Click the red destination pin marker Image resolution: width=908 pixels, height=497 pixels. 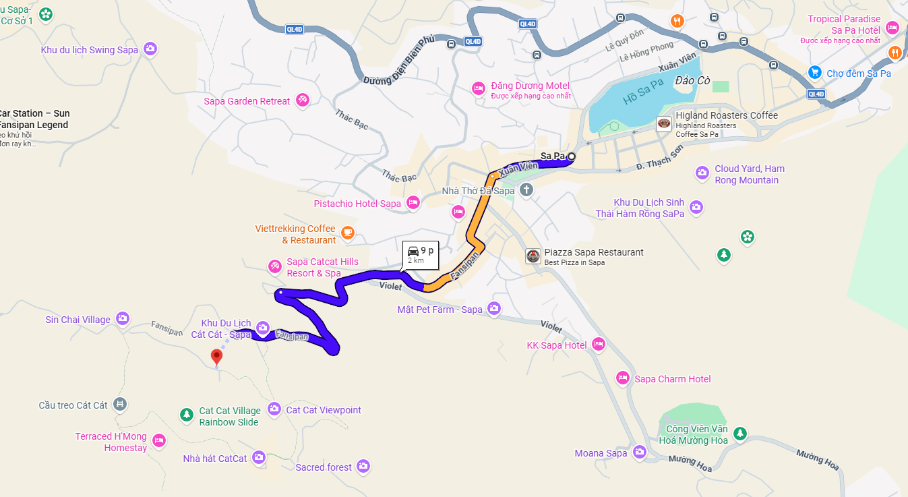click(x=216, y=356)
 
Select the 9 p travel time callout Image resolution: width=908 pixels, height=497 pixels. click(x=420, y=255)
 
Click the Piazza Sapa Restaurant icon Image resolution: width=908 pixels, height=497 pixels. click(x=533, y=256)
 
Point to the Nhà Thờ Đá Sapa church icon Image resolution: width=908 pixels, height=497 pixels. click(x=526, y=191)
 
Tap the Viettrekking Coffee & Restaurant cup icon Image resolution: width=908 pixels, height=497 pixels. click(x=348, y=233)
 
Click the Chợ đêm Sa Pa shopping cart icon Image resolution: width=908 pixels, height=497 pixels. click(x=814, y=73)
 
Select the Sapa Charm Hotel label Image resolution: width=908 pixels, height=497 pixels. click(x=672, y=379)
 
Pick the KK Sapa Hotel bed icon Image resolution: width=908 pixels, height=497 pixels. click(x=598, y=345)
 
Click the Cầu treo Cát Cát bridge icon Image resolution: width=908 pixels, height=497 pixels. click(x=120, y=405)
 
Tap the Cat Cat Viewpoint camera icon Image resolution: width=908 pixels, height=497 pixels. click(x=274, y=409)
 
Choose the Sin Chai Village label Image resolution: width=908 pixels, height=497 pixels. click(x=78, y=320)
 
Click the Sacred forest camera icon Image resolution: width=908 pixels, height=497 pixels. click(x=364, y=466)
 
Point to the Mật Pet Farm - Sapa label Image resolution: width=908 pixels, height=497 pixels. click(x=440, y=310)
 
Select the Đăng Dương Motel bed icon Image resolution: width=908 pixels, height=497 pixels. click(x=479, y=88)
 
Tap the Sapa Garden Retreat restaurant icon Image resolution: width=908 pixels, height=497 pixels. click(x=303, y=100)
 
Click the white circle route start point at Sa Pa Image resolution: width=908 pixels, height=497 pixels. click(x=572, y=156)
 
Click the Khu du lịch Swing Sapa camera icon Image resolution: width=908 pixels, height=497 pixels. click(x=150, y=49)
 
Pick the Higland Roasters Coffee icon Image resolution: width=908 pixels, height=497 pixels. click(x=665, y=123)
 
